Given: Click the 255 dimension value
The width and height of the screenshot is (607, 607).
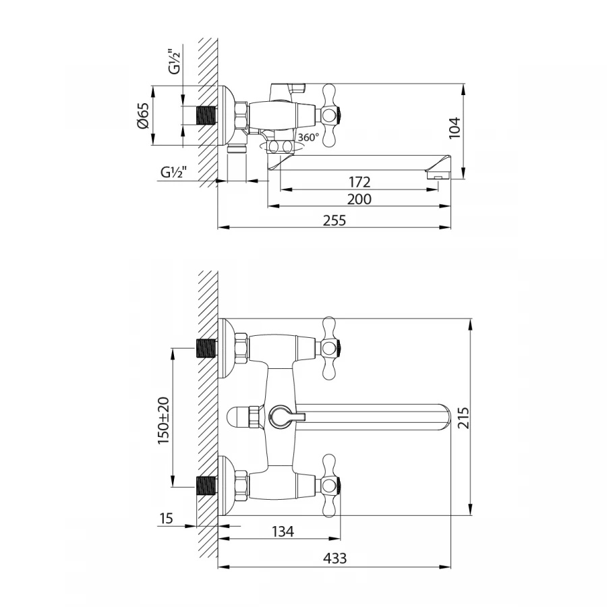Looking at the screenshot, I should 334,219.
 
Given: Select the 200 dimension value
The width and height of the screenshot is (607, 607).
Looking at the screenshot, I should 359,200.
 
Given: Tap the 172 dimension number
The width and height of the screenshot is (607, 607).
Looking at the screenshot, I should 359,182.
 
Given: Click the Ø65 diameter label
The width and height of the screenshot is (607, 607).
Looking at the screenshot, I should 142,115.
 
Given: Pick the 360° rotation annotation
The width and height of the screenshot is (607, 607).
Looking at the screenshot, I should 308,137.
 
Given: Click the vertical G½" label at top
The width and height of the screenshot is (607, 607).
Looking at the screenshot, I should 174,61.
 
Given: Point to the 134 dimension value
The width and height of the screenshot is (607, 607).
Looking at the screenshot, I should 282,531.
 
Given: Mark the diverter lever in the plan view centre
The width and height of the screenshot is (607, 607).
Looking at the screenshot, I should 281,416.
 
